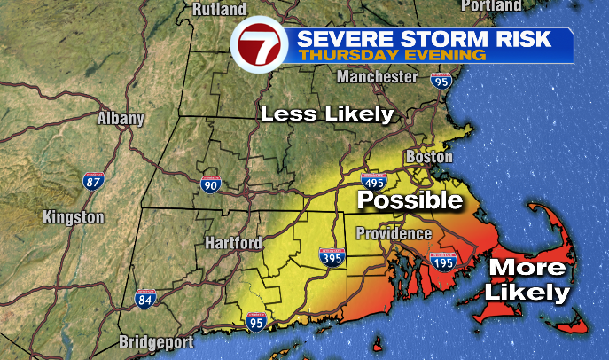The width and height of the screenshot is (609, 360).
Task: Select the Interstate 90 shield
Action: coord(210,184)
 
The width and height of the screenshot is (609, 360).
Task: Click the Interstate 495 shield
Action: coord(374,183)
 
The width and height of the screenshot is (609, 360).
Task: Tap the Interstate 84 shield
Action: coord(144,299)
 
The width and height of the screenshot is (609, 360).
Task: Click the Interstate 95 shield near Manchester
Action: coord(441,81)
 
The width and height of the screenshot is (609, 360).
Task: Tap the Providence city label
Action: coord(394,233)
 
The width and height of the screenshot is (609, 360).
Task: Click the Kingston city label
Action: coord(74,217)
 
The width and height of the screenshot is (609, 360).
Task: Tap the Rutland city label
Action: coord(219,10)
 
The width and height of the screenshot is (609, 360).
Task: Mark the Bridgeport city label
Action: coord(156,342)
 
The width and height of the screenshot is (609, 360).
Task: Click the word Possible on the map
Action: coord(410,201)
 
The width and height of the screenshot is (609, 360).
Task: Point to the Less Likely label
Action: coord(325,113)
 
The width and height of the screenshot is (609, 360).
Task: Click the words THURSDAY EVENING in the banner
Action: coord(392,55)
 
